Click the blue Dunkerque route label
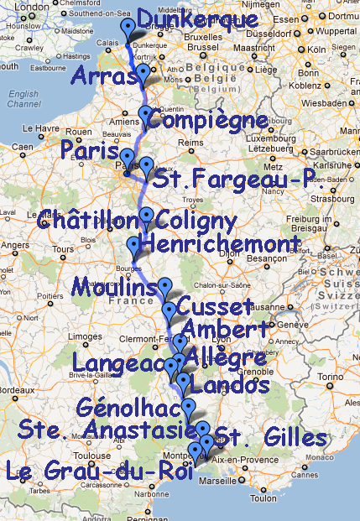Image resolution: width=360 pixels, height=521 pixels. pyautogui.click(x=196, y=19)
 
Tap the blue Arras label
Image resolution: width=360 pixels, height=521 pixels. pyautogui.click(x=103, y=76)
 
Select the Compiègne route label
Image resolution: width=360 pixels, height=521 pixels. pyautogui.click(x=211, y=122)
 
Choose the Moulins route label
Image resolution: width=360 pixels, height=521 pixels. pyautogui.click(x=113, y=287)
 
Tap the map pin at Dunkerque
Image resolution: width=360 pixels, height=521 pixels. pyautogui.click(x=128, y=30)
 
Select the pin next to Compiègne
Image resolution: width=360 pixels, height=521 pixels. pyautogui.click(x=146, y=116)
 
